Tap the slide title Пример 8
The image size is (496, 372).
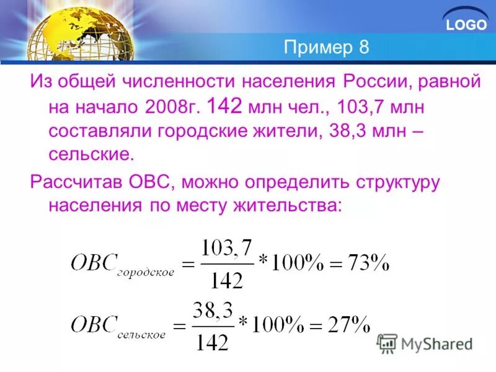click(326, 48)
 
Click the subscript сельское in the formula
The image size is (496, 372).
click(143, 333)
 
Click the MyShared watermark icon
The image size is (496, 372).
click(387, 343)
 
